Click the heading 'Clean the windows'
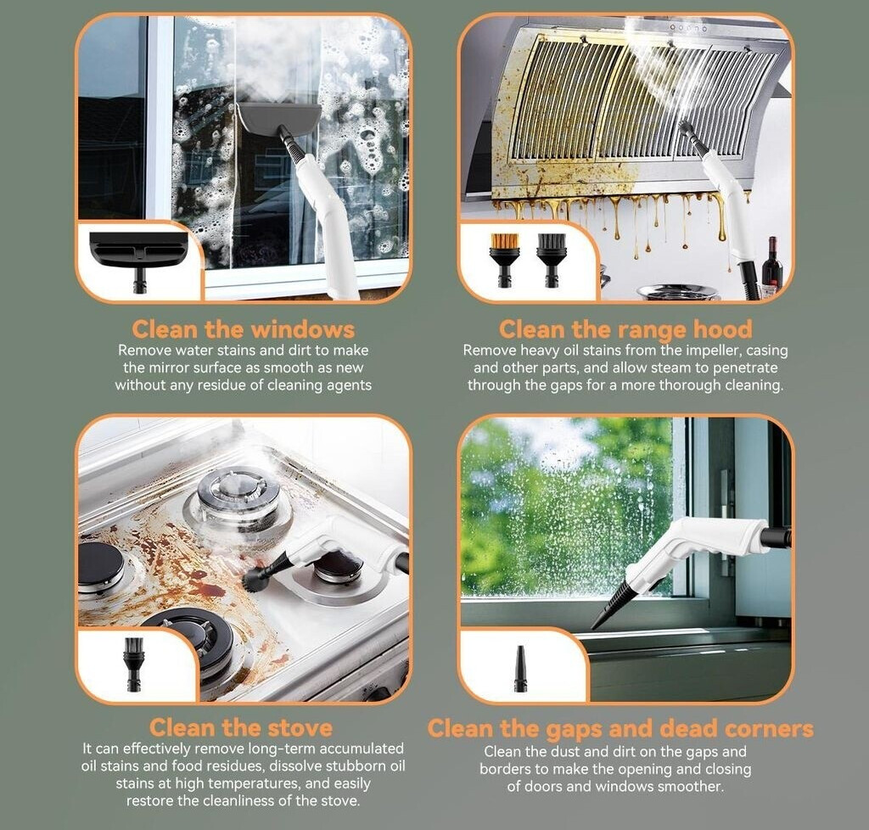click(x=243, y=329)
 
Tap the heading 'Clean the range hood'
click(x=625, y=329)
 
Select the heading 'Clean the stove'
click(x=241, y=727)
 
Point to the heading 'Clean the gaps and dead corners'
click(x=620, y=729)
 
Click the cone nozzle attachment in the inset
click(x=520, y=668)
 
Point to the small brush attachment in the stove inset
click(x=134, y=664)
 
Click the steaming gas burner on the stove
click(x=238, y=496)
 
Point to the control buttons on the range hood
click(x=688, y=27)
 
